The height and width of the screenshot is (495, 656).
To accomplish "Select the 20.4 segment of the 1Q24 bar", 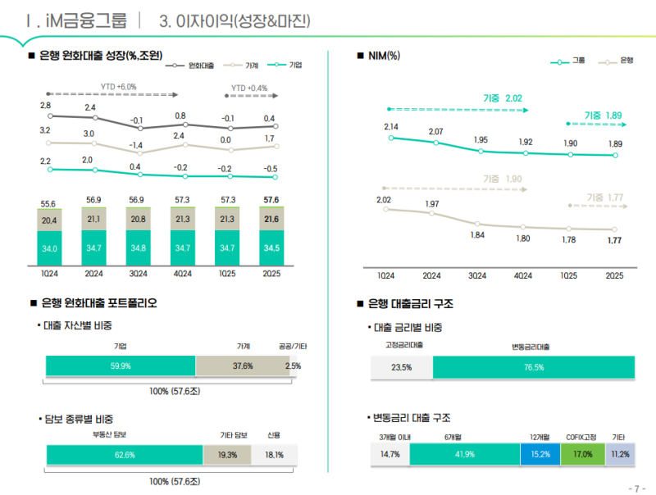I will pos(49,220).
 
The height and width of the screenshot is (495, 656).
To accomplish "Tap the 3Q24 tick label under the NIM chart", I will pos(476,275).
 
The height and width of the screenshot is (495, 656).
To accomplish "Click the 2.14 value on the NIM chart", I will pos(391,127).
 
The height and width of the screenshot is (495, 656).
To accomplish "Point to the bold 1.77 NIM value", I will pos(614,240).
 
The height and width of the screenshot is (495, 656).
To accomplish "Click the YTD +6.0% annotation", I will pos(118,86).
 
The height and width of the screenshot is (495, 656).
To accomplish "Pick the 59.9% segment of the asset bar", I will pos(121,366).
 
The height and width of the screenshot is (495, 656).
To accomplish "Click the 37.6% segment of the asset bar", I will pos(243,366).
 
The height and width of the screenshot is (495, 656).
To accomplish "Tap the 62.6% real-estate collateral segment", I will pos(125,455).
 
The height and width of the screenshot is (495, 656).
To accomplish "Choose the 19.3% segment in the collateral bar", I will pos(227,455).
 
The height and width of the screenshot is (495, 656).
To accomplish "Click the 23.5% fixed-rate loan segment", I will pos(401,367).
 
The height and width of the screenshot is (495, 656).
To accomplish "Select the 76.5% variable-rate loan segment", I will pos(533,367).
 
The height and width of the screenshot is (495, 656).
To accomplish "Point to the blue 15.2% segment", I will pos(540,454).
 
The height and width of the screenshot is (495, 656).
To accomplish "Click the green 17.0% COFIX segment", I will pos(582,454).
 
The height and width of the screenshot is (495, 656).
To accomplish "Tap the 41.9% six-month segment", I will pos(464,454).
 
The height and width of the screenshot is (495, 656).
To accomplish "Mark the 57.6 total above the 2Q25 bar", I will pos(270,200).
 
